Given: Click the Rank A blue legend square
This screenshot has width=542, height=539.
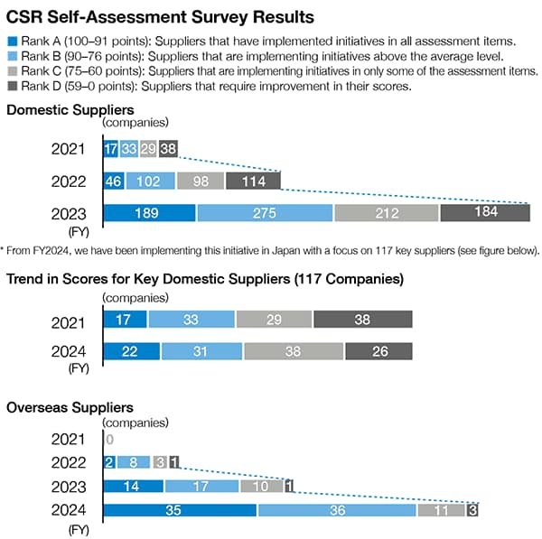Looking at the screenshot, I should tap(11, 41).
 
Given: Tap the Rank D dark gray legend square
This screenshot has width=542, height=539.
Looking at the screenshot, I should tap(11, 86).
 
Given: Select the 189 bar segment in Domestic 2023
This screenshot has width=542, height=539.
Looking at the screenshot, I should tap(149, 213).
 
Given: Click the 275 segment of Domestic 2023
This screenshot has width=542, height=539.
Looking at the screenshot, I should tap(265, 213).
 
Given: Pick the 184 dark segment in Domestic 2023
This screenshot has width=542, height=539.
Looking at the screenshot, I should tap(484, 213).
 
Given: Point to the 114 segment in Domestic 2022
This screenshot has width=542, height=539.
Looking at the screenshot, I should tap(253, 181).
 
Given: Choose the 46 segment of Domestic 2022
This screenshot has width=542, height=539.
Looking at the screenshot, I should tap(114, 181).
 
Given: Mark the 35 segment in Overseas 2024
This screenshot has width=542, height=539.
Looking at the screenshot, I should tap(180, 510).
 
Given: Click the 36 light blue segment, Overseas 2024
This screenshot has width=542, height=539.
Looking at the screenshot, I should tap(337, 510).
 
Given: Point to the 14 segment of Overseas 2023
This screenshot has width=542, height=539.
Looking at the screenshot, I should tap(133, 487).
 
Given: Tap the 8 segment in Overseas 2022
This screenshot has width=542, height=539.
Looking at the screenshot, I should tap(133, 462).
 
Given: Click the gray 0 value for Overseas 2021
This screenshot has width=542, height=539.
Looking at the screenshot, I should tap(108, 439).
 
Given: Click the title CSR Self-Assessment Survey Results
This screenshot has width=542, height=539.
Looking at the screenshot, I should tap(161, 15).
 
